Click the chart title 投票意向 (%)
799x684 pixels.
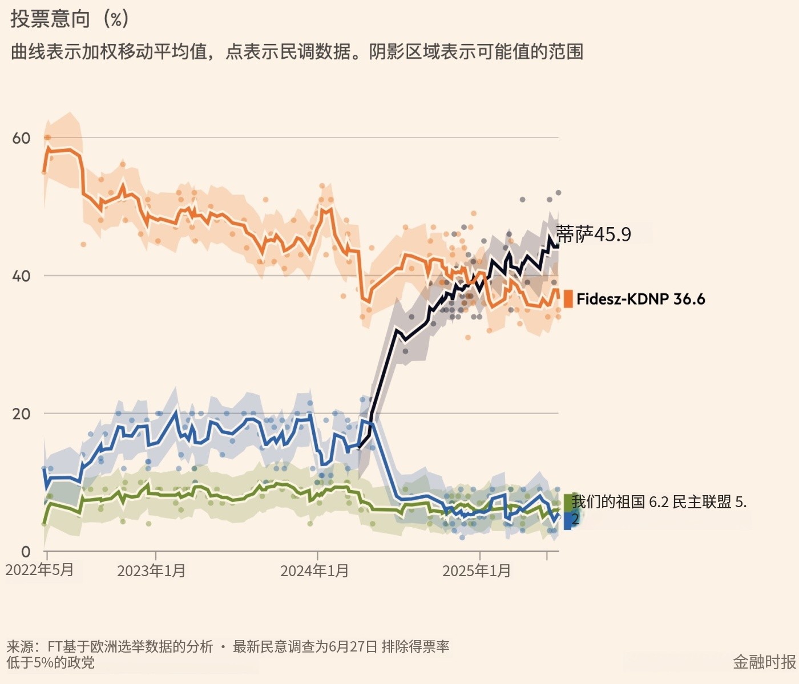(x=69, y=19)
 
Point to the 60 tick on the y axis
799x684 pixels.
(x=21, y=138)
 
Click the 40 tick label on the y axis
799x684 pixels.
(x=21, y=276)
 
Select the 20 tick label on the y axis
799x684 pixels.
(x=21, y=414)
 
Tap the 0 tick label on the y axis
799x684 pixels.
(x=26, y=552)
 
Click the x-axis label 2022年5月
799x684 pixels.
(x=40, y=570)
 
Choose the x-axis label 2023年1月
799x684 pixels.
(x=151, y=570)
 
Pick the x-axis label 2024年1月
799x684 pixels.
(x=314, y=570)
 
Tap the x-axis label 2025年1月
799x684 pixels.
(x=477, y=570)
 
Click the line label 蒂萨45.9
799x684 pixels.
(x=594, y=234)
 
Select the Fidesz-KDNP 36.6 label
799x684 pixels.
(x=640, y=299)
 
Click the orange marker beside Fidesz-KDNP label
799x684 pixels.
(x=568, y=299)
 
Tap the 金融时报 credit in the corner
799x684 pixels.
(x=764, y=662)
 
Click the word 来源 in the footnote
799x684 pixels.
(x=19, y=646)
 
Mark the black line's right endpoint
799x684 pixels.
(x=558, y=244)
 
